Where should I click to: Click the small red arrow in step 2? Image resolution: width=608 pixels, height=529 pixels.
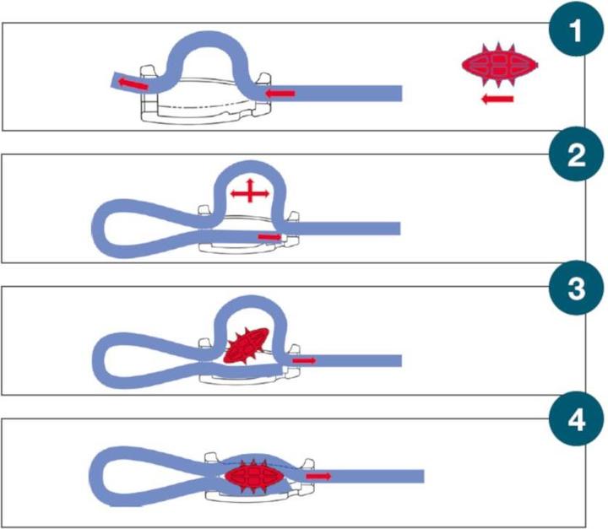coord(269,237)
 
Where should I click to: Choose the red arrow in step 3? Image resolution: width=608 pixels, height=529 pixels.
coord(305,360)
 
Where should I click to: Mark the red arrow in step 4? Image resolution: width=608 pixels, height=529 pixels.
coord(318,477)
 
